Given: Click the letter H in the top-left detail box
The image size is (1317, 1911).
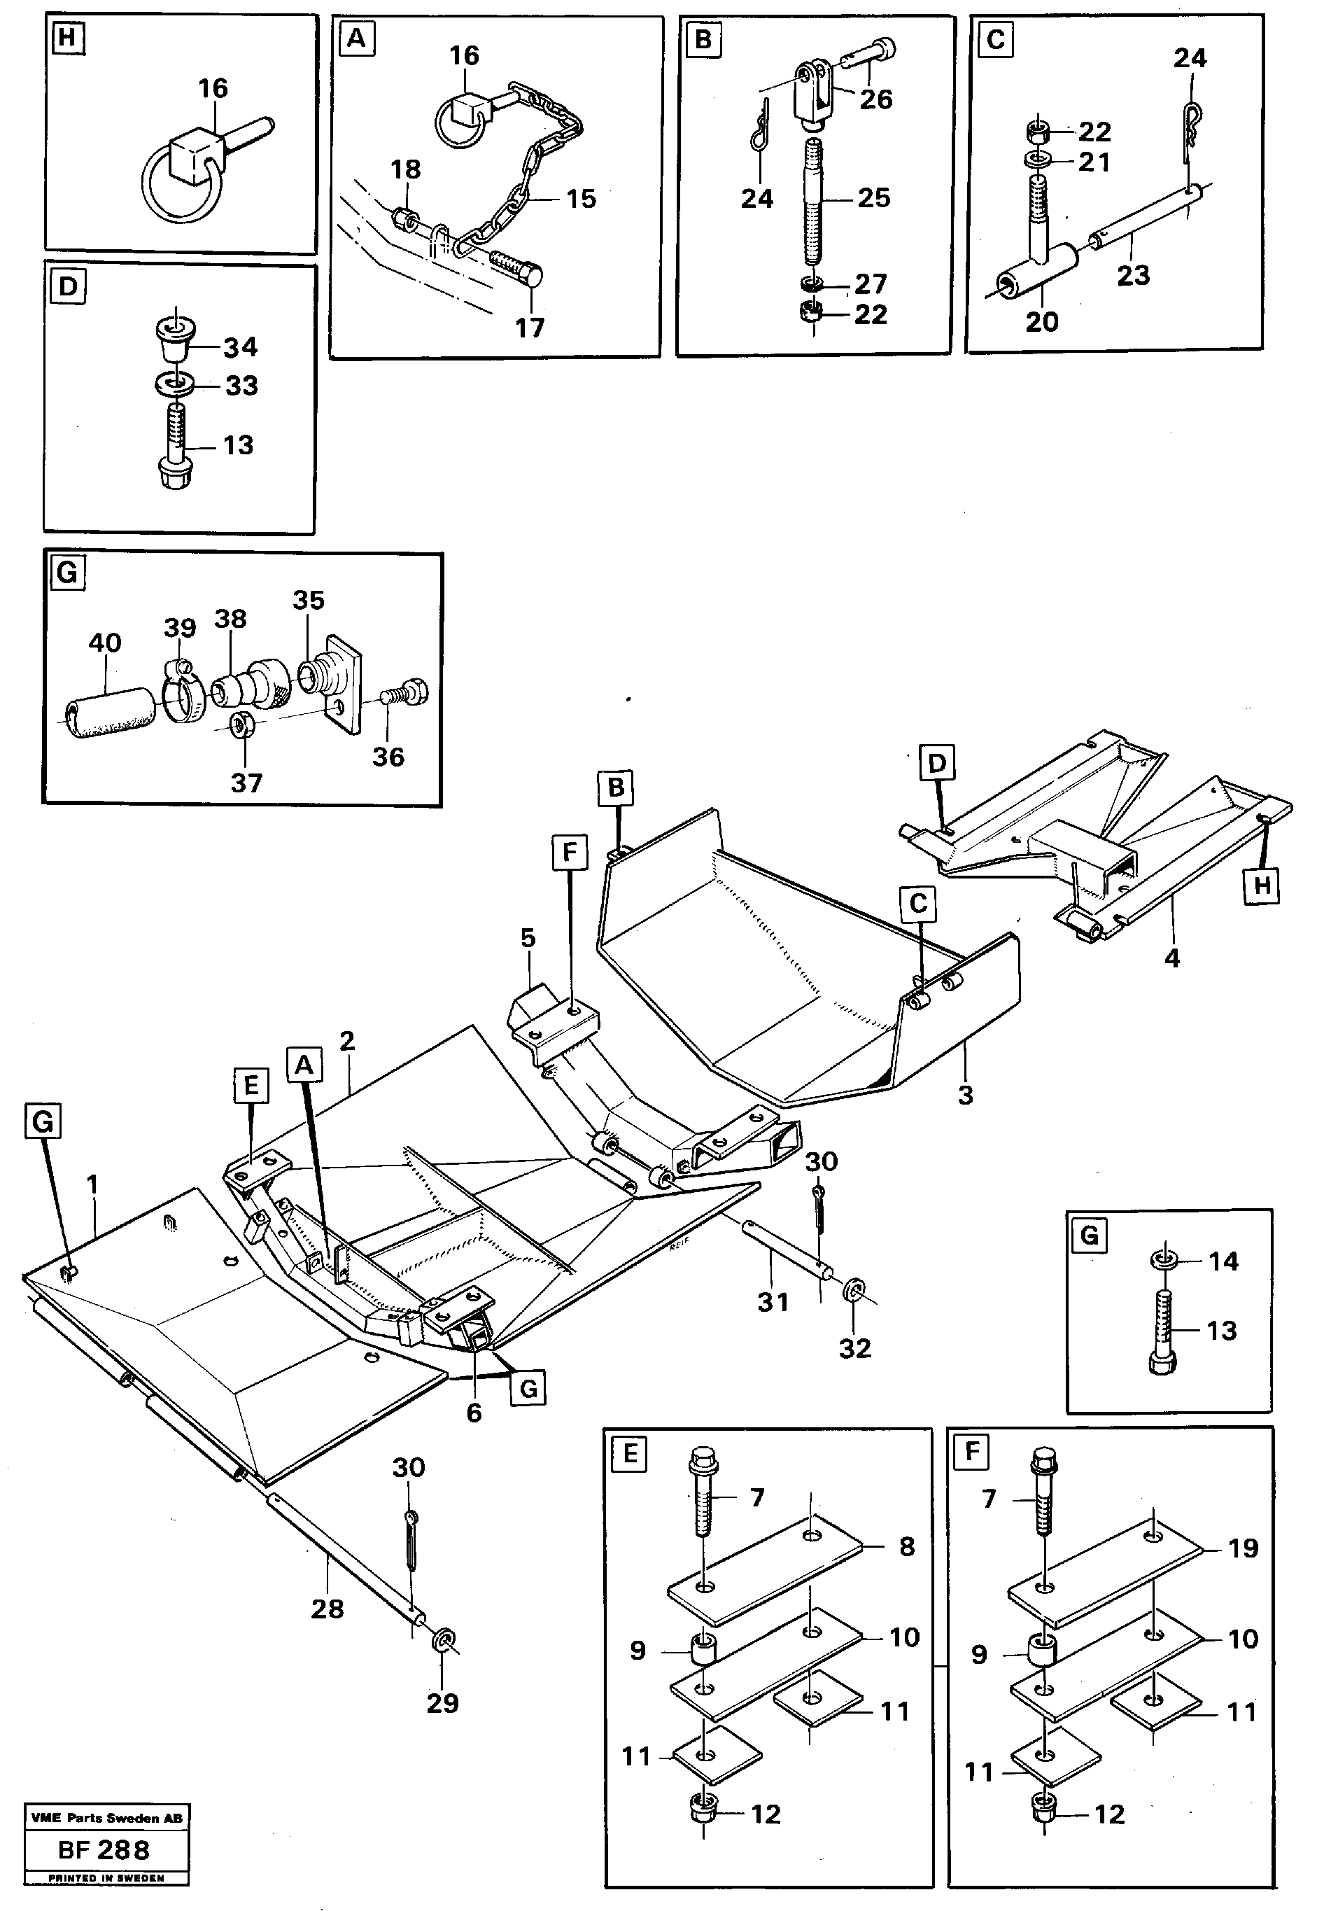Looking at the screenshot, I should tap(68, 38).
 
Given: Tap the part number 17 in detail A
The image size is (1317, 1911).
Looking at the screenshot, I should tap(530, 328).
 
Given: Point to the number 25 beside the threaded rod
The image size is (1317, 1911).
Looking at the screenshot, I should tap(873, 197).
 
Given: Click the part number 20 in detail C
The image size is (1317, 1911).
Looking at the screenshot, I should tap(1041, 321).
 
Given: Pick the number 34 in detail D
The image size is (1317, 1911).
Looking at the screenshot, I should tap(240, 347).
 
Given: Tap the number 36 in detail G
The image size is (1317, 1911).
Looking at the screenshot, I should tap(388, 756).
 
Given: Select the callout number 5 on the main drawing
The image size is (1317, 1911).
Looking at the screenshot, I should tap(528, 938).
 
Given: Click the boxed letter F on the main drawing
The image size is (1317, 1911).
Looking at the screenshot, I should tap(570, 852).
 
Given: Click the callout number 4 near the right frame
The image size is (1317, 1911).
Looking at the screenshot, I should tap(1171, 958).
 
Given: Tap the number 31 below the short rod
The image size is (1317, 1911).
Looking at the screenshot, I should tap(773, 1302).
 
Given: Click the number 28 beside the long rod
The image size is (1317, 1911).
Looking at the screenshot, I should tap(327, 1608).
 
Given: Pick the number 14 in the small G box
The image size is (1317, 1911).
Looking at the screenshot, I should tap(1223, 1261).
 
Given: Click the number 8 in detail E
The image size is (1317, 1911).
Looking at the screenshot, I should tap(906, 1547).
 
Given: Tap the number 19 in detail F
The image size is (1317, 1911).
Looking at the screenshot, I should tap(1244, 1548).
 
